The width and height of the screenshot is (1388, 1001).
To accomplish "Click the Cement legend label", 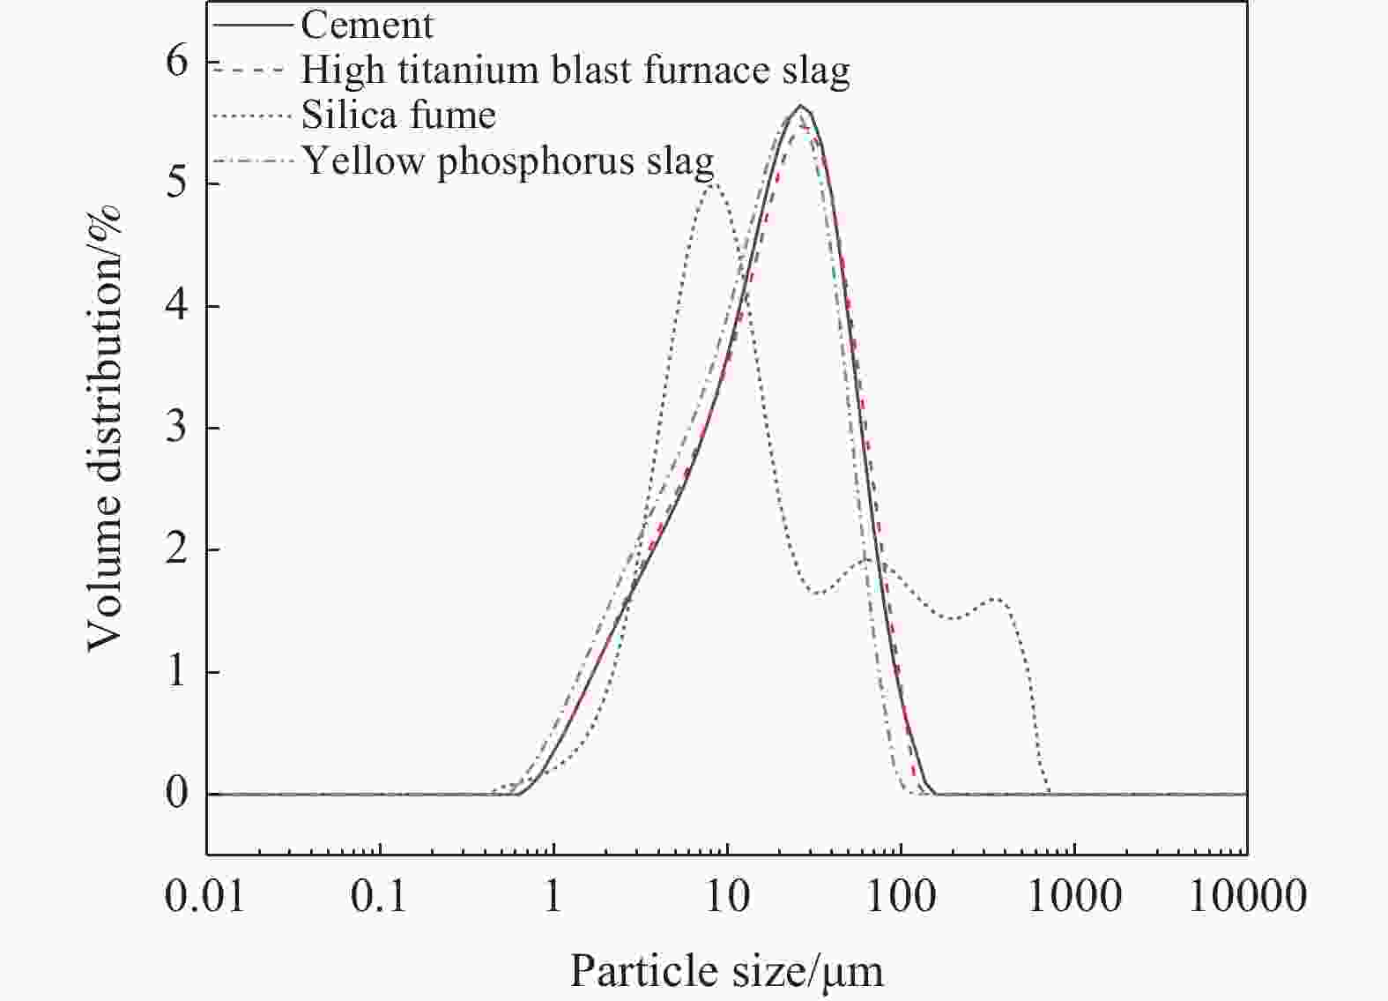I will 367,25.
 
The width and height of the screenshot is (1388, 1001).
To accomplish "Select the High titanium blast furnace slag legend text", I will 575,70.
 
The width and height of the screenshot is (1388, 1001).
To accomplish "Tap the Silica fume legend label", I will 398,116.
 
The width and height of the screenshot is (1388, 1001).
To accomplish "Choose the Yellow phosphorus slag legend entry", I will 508,161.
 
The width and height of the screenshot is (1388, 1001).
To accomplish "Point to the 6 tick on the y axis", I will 177,61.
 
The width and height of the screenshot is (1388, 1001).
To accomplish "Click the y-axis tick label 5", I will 177,183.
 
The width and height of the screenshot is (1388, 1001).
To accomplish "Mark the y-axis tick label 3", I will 177,428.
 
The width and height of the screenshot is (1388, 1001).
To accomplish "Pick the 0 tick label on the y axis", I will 177,794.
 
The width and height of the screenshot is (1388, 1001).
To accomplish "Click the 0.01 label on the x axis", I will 204,897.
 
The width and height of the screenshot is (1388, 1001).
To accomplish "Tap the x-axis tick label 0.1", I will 379,897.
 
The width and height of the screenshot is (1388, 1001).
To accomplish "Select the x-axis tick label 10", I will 728,897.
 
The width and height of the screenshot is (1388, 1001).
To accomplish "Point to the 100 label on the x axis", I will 901,897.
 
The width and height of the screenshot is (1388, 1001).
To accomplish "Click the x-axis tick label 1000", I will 1074,897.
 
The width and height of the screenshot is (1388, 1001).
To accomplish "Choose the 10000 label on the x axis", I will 1247,897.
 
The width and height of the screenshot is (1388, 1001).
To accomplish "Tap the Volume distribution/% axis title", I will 104,428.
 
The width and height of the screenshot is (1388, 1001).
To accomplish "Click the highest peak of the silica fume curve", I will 713,183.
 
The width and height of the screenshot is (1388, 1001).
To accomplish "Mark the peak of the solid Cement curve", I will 800,106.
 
